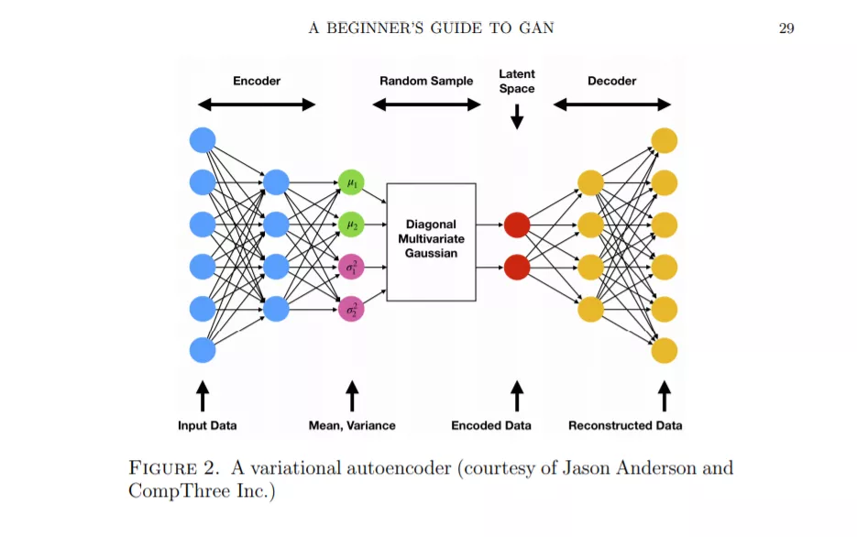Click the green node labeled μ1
tap(351, 182)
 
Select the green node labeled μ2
tap(351, 225)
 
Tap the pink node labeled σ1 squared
tap(351, 268)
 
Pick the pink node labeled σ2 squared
tap(351, 309)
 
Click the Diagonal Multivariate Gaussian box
tap(431, 242)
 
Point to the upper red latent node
tap(517, 225)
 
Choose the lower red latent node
tap(517, 268)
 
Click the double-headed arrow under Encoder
tap(257, 104)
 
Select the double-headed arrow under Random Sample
tap(426, 104)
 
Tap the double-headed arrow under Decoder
tap(612, 104)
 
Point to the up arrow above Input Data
tap(203, 396)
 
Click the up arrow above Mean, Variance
tap(353, 396)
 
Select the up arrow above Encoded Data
tap(517, 396)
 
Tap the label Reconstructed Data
tap(625, 425)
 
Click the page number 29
tap(786, 28)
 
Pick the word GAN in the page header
tap(537, 27)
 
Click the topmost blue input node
tap(203, 140)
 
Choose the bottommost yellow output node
tap(665, 351)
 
